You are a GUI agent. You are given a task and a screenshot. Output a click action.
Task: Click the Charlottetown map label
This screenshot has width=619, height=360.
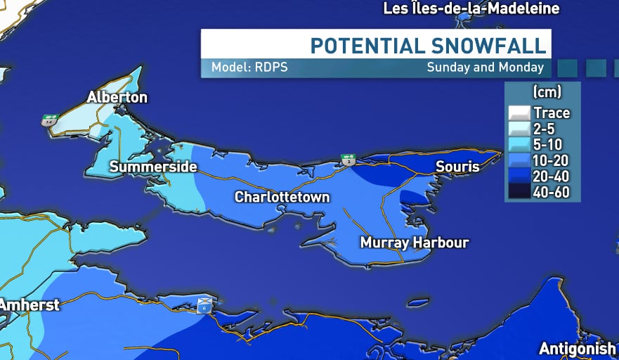[x=282, y=197]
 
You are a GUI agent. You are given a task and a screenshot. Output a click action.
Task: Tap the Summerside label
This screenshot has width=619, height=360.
[x=153, y=167]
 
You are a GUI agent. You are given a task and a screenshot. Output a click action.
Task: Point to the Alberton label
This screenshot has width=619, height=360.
[x=117, y=97]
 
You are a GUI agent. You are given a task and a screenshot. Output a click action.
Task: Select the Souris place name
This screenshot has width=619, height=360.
[x=457, y=167]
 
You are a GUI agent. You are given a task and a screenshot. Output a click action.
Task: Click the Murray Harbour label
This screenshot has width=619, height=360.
[x=414, y=243]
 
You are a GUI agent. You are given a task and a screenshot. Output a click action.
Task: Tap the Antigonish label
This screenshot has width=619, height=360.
[x=577, y=349]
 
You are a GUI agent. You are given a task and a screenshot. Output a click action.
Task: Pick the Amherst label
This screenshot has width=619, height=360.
[x=30, y=305]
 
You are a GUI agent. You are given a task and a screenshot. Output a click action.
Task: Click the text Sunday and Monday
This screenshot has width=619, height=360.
[x=485, y=68]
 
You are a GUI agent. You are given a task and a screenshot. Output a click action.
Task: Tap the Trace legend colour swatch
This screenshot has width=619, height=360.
[x=519, y=112]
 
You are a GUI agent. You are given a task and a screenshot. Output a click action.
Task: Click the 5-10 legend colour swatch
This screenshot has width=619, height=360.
[x=519, y=144]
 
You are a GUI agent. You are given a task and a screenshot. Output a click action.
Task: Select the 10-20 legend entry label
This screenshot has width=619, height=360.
[x=552, y=160]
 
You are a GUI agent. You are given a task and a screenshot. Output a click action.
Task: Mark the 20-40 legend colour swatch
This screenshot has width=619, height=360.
[x=519, y=176]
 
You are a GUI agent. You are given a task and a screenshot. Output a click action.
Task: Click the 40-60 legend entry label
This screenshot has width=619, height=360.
[x=552, y=192]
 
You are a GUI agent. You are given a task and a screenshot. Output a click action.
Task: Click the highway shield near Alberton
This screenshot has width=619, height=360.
[x=48, y=120]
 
